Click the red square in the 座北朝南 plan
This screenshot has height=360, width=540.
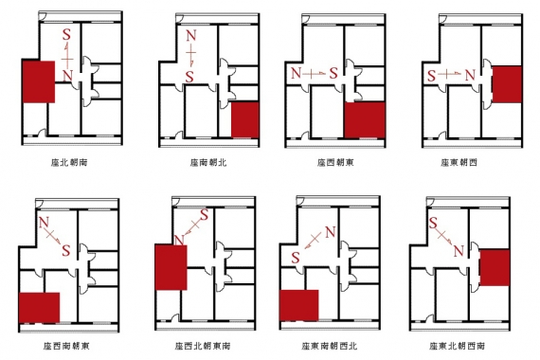[38, 81]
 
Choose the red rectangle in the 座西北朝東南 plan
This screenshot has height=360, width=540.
[171, 266]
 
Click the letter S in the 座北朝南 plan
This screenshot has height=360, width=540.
[65, 35]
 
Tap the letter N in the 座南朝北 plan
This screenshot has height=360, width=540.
[190, 38]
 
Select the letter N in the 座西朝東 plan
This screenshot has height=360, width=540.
[296, 72]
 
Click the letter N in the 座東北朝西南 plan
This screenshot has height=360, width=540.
[459, 250]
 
